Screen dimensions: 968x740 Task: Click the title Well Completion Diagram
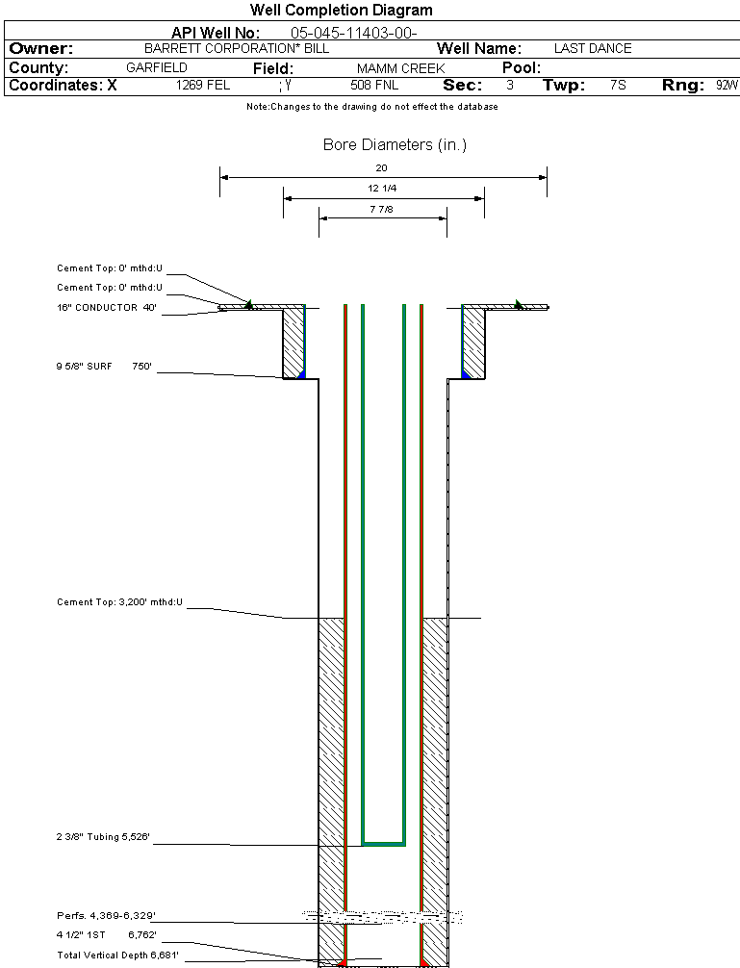pyautogui.click(x=342, y=11)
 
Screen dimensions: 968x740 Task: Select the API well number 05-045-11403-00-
pyautogui.click(x=353, y=34)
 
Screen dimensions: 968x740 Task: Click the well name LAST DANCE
pyautogui.click(x=593, y=48)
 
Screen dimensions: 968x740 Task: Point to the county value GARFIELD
pyautogui.click(x=157, y=68)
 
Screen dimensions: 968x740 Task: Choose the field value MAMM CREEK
pyautogui.click(x=400, y=69)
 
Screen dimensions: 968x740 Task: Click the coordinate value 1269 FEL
pyautogui.click(x=203, y=86)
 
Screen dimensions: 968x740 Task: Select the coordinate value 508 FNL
pyautogui.click(x=374, y=86)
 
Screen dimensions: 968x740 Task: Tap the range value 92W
pyautogui.click(x=727, y=86)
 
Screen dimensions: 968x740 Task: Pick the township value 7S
pyautogui.click(x=618, y=86)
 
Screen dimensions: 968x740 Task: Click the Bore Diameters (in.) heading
pyautogui.click(x=395, y=145)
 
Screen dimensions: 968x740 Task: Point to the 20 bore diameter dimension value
pyautogui.click(x=382, y=167)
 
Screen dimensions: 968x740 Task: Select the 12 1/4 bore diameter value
pyautogui.click(x=382, y=189)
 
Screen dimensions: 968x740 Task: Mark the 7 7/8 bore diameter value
pyautogui.click(x=382, y=208)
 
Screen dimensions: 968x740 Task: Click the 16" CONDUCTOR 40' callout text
pyautogui.click(x=107, y=309)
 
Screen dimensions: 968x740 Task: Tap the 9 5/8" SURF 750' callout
pyautogui.click(x=105, y=367)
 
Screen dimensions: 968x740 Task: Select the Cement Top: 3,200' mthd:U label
pyautogui.click(x=119, y=602)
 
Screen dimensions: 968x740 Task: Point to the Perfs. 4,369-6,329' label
pyautogui.click(x=106, y=915)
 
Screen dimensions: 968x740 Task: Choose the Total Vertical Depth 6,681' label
pyautogui.click(x=117, y=955)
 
